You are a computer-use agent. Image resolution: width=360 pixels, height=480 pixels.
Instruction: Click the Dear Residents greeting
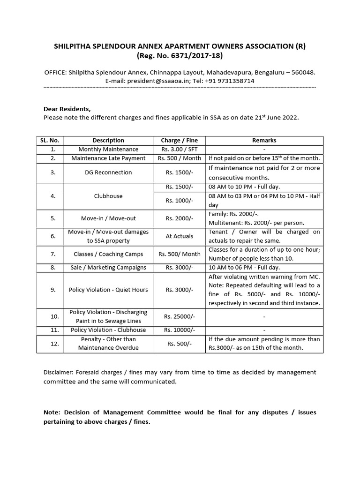(67, 109)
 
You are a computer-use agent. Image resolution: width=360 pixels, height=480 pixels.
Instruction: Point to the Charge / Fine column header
(180, 140)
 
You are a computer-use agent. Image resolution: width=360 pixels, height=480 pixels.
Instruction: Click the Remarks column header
(264, 140)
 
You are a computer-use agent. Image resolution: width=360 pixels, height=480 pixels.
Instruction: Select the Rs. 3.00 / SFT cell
(180, 149)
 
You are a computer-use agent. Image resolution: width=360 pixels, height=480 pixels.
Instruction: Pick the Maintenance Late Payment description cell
(108, 158)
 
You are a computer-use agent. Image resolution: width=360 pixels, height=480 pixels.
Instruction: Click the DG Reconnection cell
(108, 172)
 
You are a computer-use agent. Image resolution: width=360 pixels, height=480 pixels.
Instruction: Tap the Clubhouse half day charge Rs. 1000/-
(180, 200)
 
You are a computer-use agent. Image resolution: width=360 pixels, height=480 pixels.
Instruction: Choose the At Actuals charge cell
(180, 236)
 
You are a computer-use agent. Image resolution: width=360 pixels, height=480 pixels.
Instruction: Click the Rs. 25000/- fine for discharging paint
(180, 316)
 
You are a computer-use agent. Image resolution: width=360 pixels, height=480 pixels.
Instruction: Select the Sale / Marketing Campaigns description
(108, 268)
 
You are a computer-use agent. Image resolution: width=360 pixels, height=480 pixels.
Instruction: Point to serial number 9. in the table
(53, 290)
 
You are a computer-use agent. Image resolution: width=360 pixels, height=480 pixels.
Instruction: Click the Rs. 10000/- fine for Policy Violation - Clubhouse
(180, 330)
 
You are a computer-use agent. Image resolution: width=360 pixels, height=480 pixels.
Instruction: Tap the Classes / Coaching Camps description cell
(108, 254)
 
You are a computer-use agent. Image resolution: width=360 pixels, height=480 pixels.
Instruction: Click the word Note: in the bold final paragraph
(52, 412)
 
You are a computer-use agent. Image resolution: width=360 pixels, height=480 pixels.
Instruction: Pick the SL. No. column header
(53, 140)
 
